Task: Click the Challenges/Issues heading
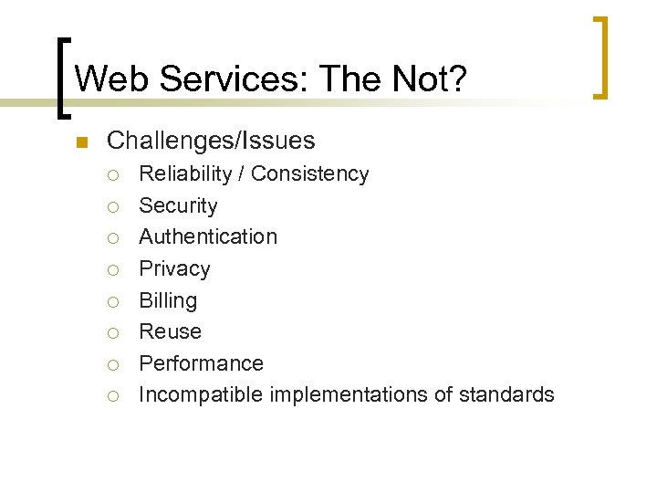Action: pos(211,141)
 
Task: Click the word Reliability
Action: pos(187,173)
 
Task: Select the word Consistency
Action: pos(310,173)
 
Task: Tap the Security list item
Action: pos(178,205)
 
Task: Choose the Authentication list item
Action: pos(208,236)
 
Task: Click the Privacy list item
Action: pos(174,268)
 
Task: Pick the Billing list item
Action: pos(168,300)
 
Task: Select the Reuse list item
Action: pos(170,331)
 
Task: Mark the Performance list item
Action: pos(201,363)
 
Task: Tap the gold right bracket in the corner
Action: pos(601,57)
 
